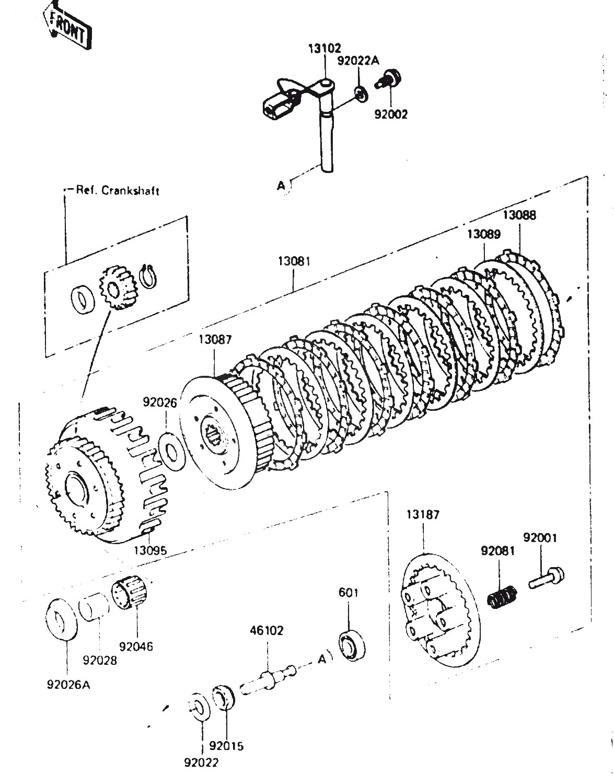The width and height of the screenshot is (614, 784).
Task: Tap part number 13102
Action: (324, 50)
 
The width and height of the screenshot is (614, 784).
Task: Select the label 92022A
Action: (358, 61)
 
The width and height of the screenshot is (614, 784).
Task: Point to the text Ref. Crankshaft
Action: (117, 190)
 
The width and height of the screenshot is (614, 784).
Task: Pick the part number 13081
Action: (293, 260)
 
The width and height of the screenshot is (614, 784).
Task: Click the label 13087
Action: (214, 340)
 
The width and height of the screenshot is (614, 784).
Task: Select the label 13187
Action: (423, 514)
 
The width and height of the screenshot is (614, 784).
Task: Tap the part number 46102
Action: (267, 631)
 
